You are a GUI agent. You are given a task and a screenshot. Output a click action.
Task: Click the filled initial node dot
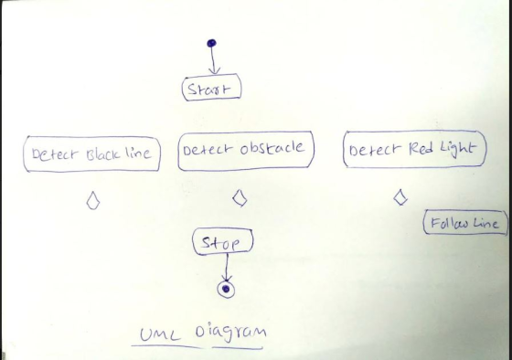(211, 43)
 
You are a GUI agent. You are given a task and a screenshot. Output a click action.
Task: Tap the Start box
(211, 87)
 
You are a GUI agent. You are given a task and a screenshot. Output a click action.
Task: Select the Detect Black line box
(91, 154)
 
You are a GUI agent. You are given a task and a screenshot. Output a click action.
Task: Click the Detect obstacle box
(246, 151)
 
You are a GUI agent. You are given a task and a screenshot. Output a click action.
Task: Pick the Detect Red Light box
(415, 149)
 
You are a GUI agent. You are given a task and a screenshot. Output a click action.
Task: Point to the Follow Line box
(465, 222)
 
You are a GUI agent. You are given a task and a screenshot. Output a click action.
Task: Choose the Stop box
(223, 241)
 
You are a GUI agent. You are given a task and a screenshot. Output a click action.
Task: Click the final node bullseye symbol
(226, 289)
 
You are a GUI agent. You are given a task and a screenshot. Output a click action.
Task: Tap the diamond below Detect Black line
(93, 200)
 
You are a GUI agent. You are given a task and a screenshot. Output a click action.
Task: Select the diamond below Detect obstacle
(240, 197)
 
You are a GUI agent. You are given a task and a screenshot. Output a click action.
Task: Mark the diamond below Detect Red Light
(400, 197)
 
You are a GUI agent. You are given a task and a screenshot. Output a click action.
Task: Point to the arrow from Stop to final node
(227, 268)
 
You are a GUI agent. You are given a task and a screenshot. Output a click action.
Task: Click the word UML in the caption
(160, 334)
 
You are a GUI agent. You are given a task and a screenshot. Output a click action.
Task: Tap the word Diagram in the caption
(230, 333)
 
